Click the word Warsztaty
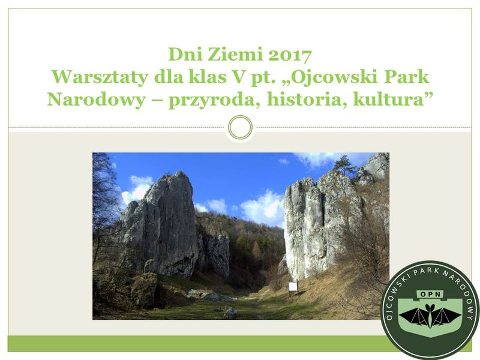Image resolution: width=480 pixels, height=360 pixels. pyautogui.click(x=100, y=77)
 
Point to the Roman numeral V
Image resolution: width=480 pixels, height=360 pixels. pyautogui.click(x=236, y=77)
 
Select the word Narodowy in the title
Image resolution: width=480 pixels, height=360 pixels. pyautogui.click(x=96, y=100)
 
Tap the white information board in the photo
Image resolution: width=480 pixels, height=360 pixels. pyautogui.click(x=293, y=287)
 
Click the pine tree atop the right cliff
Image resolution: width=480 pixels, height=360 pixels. pyautogui.click(x=344, y=164)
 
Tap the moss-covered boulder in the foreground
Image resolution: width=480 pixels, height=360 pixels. pyautogui.click(x=144, y=290)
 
